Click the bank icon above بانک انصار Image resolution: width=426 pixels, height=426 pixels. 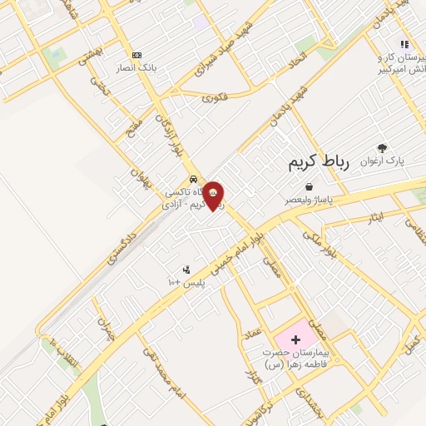(x=137, y=53)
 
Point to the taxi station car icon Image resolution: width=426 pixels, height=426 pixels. (x=193, y=179)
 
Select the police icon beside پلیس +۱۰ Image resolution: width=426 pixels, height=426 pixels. (x=186, y=270)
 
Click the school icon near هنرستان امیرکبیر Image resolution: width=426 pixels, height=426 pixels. (x=404, y=44)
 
